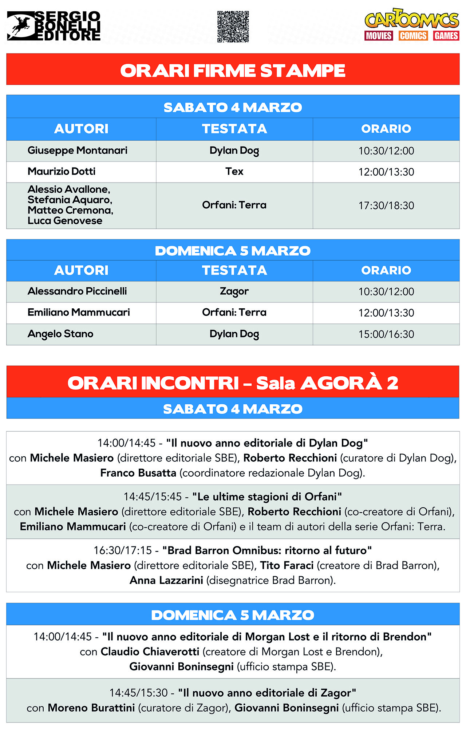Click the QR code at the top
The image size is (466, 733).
(x=233, y=27)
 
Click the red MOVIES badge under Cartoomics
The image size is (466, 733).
(x=379, y=36)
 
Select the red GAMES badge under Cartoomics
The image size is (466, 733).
(x=446, y=36)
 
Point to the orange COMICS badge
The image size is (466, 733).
(x=413, y=36)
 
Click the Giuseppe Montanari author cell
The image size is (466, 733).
(x=78, y=151)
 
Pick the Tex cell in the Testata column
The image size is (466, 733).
(x=234, y=172)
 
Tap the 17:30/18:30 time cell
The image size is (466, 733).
(x=386, y=206)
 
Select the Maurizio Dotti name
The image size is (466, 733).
(x=62, y=172)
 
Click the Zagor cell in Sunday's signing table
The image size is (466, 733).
(x=234, y=292)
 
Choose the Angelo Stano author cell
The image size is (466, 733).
(x=60, y=334)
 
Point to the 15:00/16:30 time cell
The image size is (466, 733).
(x=386, y=334)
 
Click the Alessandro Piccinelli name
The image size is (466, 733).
(x=77, y=291)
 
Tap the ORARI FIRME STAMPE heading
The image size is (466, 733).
(x=233, y=71)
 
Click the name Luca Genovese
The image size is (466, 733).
(x=65, y=221)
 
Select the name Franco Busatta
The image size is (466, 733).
(x=138, y=473)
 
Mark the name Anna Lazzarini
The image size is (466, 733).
(x=166, y=580)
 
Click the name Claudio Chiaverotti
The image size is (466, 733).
(x=150, y=652)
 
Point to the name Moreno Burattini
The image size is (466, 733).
(x=91, y=708)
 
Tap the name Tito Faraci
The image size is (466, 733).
(x=287, y=565)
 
